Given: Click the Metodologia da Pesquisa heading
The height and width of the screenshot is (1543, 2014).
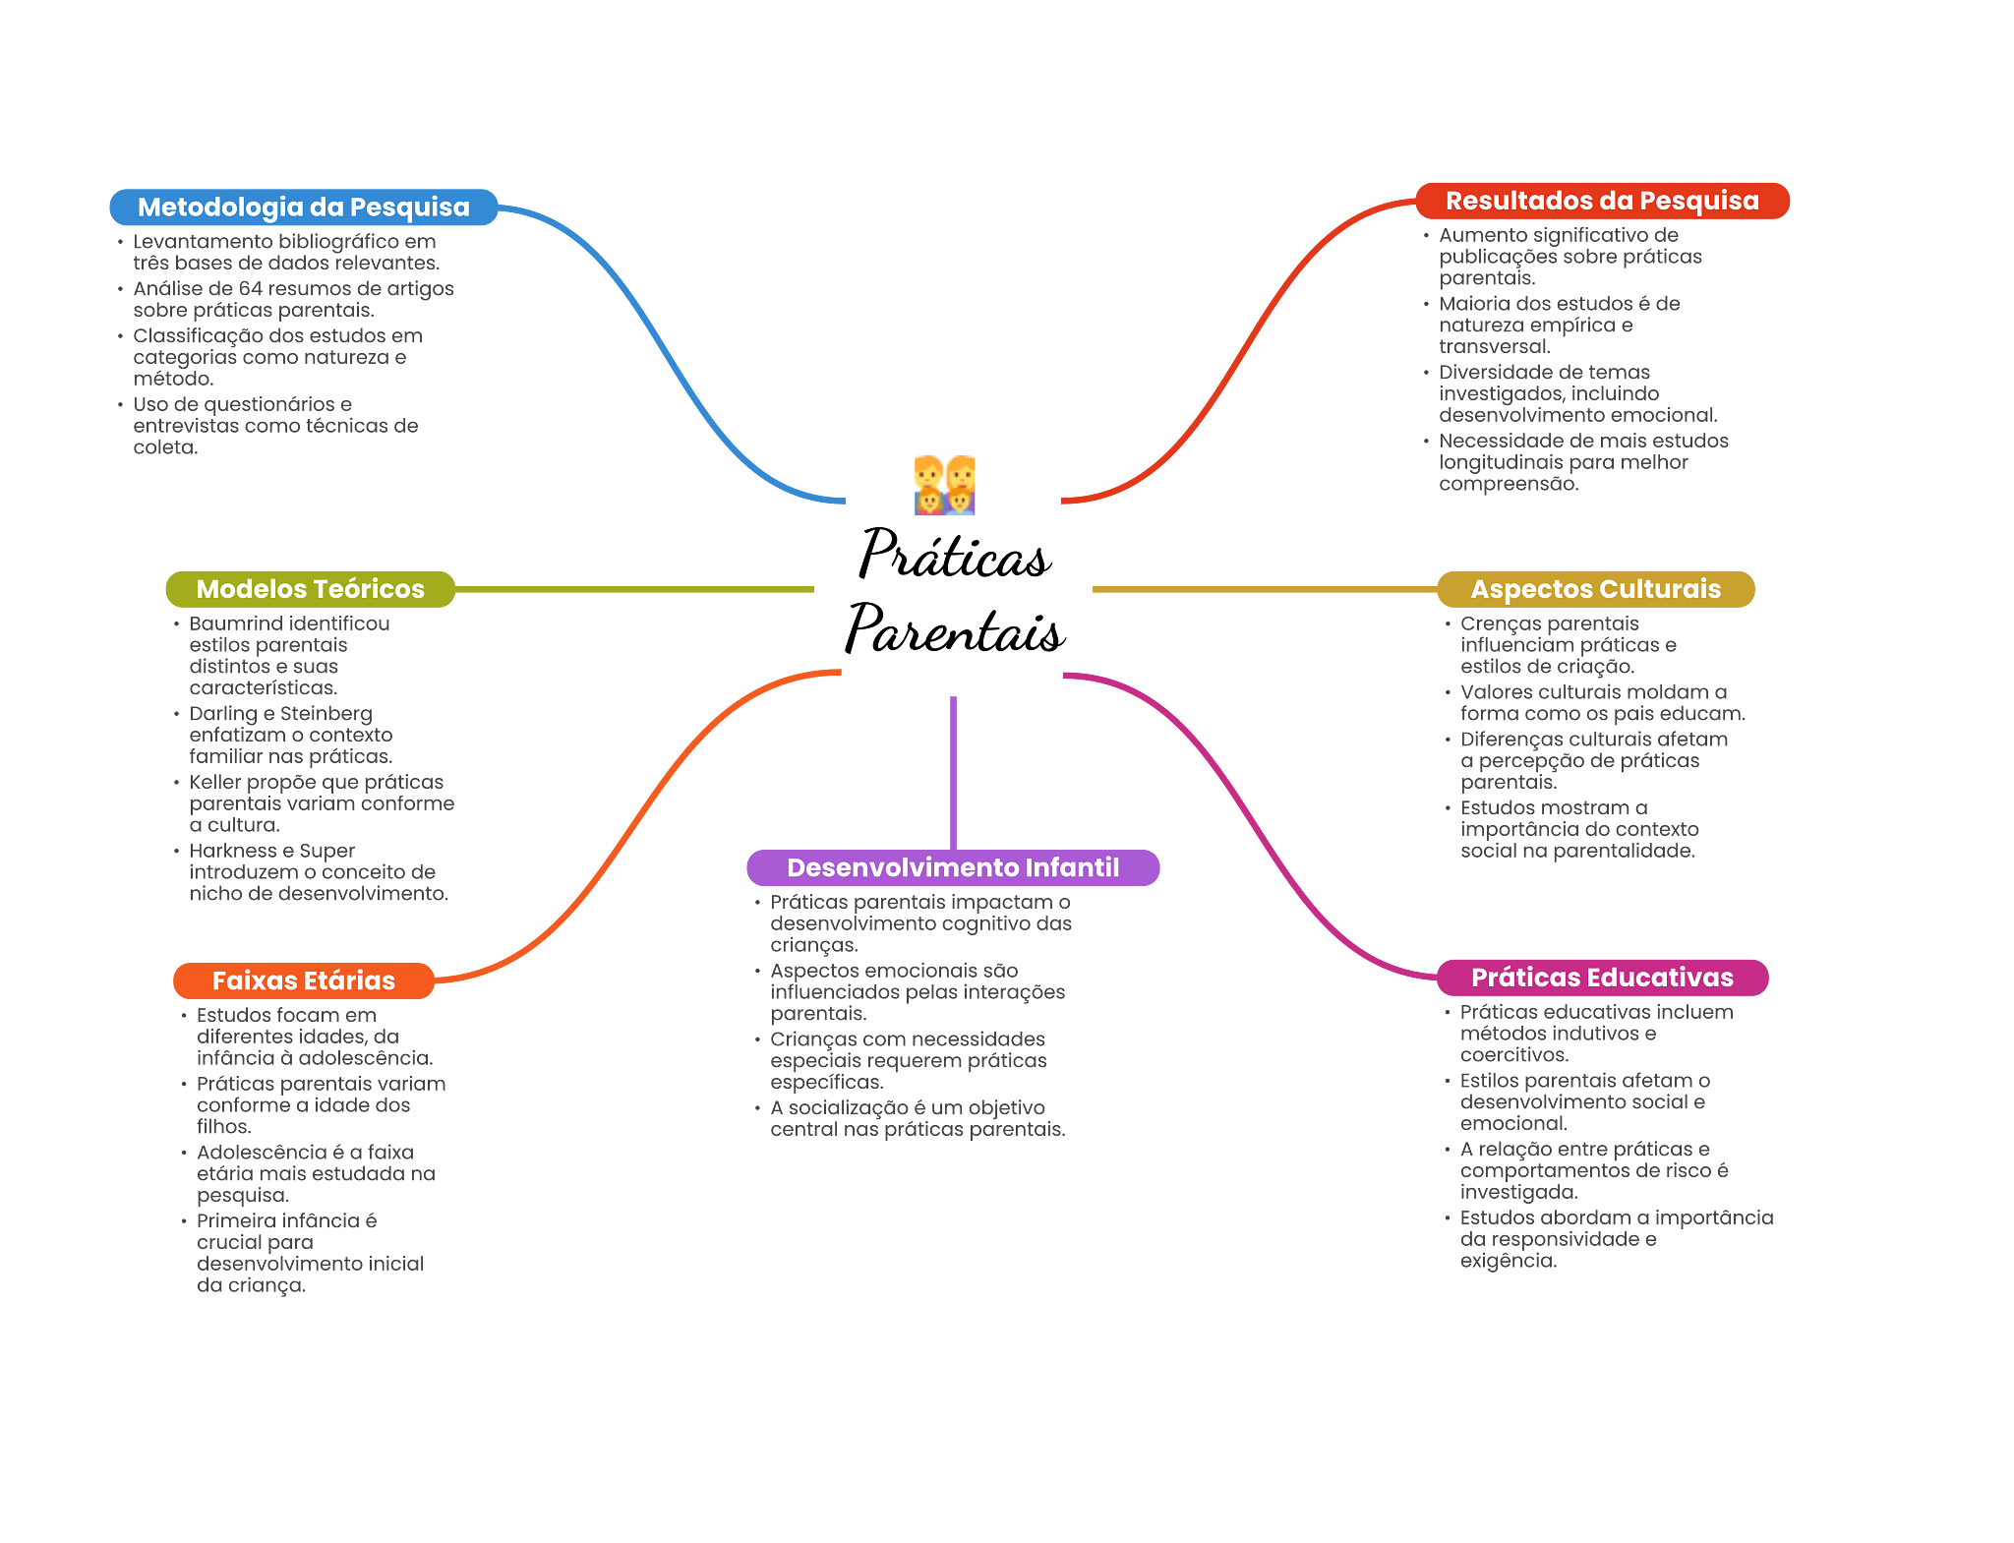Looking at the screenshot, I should click(x=303, y=208).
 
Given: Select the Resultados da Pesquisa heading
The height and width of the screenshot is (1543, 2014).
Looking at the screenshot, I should click(x=1601, y=202).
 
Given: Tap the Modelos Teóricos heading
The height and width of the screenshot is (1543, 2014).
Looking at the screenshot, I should click(x=310, y=589).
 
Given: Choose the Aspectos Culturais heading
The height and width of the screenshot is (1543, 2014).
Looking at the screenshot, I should click(x=1595, y=589).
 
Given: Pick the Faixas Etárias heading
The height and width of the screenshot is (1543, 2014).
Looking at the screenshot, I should click(x=303, y=980).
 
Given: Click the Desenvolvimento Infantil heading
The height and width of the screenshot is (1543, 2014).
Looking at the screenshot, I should click(x=952, y=867).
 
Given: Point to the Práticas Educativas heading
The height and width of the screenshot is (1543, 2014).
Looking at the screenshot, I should click(x=1601, y=978).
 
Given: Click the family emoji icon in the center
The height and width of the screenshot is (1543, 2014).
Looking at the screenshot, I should click(x=945, y=486).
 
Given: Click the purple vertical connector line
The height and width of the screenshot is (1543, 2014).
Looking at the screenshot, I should click(x=953, y=772).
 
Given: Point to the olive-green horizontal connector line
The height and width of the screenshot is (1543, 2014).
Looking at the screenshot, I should click(x=634, y=590).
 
